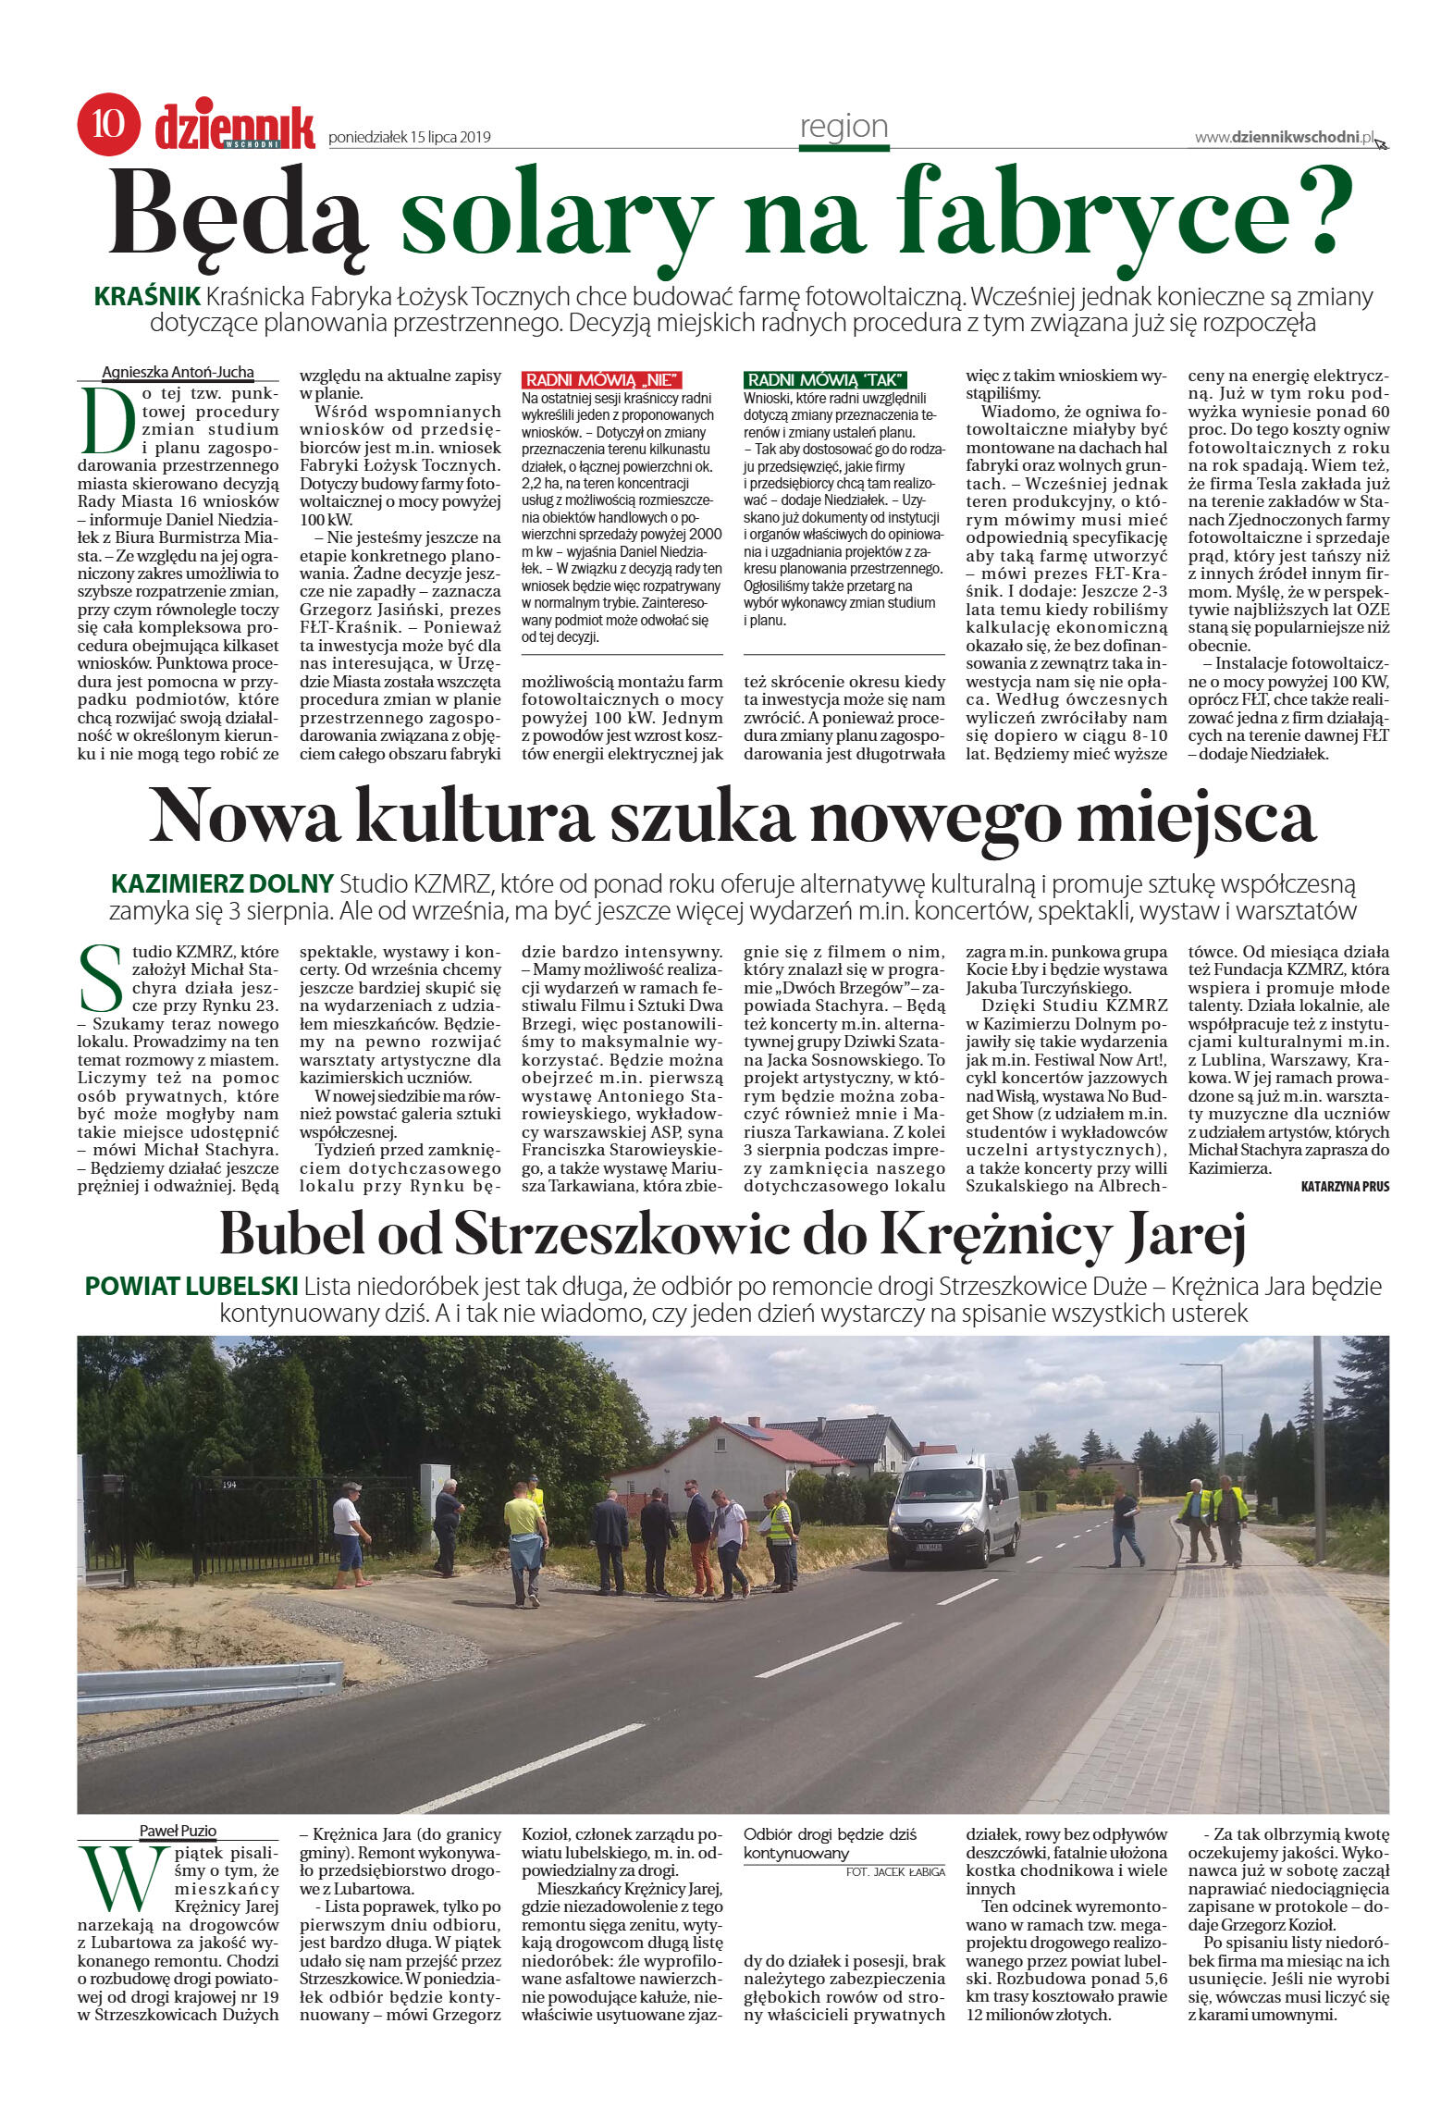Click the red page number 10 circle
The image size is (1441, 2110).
108,124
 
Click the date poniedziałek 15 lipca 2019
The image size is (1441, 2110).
409,138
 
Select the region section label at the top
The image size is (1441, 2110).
843,127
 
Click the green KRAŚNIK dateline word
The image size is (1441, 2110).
148,297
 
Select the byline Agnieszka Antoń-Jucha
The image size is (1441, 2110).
178,372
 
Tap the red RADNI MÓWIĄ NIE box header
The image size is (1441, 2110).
602,379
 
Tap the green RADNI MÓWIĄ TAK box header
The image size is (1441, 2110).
825,379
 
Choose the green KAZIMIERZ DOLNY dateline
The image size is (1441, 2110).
222,883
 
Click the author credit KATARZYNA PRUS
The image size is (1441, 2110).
1344,1186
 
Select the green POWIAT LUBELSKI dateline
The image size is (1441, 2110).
191,1286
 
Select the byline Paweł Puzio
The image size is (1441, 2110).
178,1830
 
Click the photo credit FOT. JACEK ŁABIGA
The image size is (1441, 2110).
895,1871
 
